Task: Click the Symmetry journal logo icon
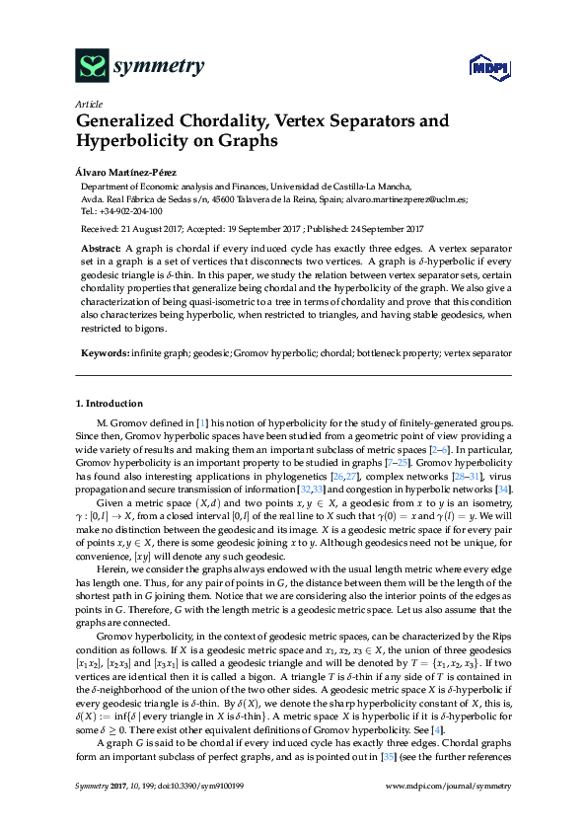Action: pyautogui.click(x=91, y=65)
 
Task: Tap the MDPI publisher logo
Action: pyautogui.click(x=482, y=68)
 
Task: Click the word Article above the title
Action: pyautogui.click(x=89, y=104)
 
